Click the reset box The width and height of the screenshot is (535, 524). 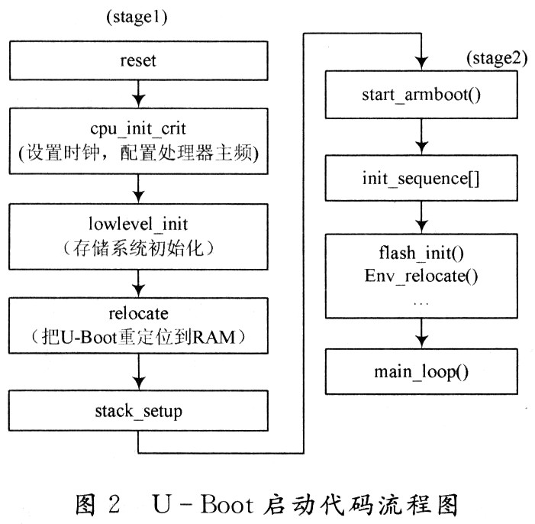(x=139, y=61)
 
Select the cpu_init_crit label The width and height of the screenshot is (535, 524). (x=138, y=129)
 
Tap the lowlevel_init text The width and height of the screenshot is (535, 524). (x=138, y=224)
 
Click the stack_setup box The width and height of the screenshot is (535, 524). (x=138, y=411)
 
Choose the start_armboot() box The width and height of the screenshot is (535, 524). (x=421, y=95)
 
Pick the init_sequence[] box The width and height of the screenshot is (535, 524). (x=421, y=178)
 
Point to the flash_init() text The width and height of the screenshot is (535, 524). (x=421, y=254)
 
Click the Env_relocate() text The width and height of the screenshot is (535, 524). (x=421, y=276)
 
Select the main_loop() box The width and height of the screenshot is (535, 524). (x=421, y=372)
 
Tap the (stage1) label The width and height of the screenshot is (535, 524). (x=137, y=17)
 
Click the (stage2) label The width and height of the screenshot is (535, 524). (x=497, y=58)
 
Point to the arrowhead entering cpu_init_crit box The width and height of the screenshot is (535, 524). (x=139, y=101)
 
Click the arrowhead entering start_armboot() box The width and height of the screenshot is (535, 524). (x=422, y=63)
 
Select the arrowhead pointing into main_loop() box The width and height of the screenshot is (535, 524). (x=422, y=341)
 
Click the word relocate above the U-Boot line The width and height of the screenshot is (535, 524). (x=139, y=314)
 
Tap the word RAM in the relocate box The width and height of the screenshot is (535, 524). (x=214, y=337)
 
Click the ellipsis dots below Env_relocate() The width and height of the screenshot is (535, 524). (x=421, y=303)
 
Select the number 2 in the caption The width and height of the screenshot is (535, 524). (x=114, y=504)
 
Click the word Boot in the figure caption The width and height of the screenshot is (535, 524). (x=227, y=504)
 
